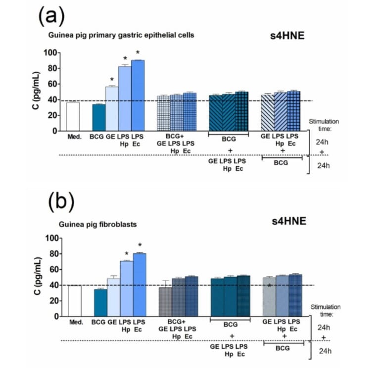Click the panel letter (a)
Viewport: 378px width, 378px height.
point(51,17)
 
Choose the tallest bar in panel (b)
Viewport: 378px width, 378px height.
point(140,284)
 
